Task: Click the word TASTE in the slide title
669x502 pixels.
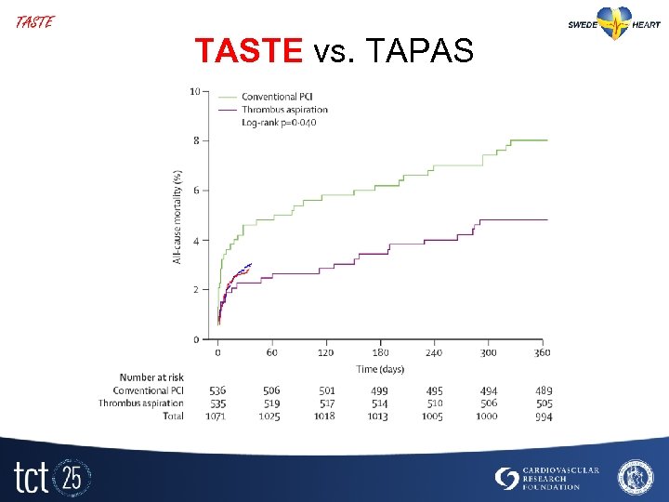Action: tap(248, 51)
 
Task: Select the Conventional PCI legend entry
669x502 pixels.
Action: tap(269, 97)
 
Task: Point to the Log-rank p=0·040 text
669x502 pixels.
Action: tap(279, 123)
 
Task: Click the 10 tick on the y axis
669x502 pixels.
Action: tap(194, 91)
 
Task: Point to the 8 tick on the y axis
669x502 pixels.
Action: tap(196, 140)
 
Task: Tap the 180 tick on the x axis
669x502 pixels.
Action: tap(381, 353)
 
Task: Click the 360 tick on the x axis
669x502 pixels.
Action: tap(544, 353)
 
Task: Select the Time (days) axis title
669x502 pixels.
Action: tap(381, 369)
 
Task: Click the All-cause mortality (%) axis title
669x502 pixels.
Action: tap(177, 216)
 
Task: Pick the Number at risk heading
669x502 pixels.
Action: tap(151, 377)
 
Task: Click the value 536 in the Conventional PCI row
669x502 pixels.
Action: tap(217, 390)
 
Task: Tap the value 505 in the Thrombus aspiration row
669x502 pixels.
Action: tap(544, 403)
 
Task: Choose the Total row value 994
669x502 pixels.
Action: tap(544, 417)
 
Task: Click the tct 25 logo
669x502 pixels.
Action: tap(51, 477)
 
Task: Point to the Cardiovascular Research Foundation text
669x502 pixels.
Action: tap(559, 479)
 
